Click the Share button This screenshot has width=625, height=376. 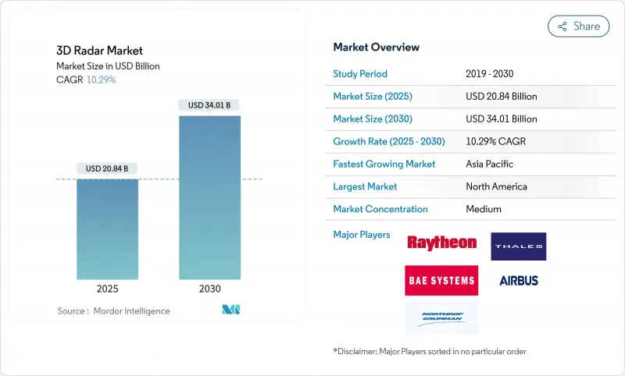[578, 26]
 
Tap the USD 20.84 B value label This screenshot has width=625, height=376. [108, 168]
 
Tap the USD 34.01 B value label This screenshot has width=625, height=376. [209, 105]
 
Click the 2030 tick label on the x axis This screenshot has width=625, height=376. [209, 289]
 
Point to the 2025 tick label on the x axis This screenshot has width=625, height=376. [107, 289]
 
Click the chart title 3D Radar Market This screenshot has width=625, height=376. [88, 51]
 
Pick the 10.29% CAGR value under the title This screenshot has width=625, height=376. [100, 80]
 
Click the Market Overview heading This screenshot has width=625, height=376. [376, 48]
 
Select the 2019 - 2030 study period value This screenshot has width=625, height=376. [491, 74]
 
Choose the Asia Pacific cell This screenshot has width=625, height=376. [489, 165]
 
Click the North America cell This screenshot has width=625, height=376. [496, 187]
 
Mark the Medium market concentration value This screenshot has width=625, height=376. [484, 209]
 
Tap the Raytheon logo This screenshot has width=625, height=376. [441, 243]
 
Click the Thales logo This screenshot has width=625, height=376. [518, 247]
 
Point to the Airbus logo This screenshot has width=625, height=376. [519, 281]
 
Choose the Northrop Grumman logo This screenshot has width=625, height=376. [441, 317]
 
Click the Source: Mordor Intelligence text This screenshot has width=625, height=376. [114, 311]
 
